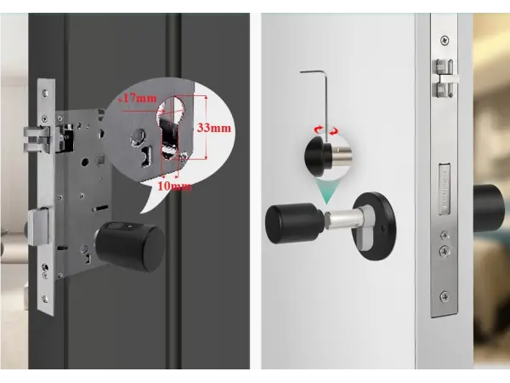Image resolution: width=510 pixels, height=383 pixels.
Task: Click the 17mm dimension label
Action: tap(138, 98)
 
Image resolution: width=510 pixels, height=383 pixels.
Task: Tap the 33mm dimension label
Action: tap(214, 128)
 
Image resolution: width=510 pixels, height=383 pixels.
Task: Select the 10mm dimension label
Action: tap(174, 186)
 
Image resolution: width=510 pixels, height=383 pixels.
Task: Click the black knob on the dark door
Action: tap(130, 246)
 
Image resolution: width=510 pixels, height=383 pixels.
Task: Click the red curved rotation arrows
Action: tap(326, 130)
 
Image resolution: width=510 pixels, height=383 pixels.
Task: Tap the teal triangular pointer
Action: tap(326, 192)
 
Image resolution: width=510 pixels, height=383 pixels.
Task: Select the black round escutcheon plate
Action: tap(375, 226)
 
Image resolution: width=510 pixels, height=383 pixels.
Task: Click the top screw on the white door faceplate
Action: tap(445, 40)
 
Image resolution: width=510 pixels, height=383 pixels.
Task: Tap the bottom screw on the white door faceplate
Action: tap(445, 297)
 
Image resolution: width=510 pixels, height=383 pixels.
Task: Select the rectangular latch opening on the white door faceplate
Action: tap(445, 189)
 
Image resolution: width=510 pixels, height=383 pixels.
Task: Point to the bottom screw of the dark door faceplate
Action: tap(45, 299)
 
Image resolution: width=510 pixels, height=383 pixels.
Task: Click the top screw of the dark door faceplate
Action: tap(45, 93)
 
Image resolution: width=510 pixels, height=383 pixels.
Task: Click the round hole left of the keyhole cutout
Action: tap(138, 136)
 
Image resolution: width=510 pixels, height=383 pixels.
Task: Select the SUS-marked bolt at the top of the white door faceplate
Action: tap(444, 78)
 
